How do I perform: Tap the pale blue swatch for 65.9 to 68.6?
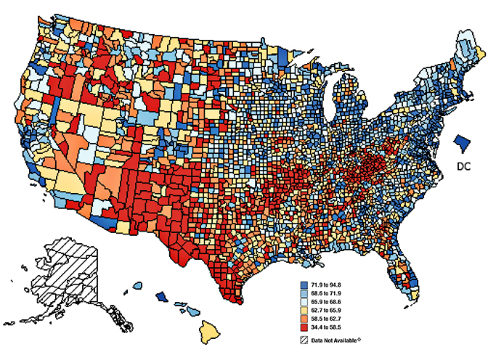(305, 300)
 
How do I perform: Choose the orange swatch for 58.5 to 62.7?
(305, 319)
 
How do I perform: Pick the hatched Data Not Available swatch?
(305, 340)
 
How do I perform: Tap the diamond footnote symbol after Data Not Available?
(360, 339)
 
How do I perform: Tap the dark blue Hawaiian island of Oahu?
(163, 298)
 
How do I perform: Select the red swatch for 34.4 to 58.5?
(305, 328)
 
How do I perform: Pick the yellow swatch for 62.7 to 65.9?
(305, 309)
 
